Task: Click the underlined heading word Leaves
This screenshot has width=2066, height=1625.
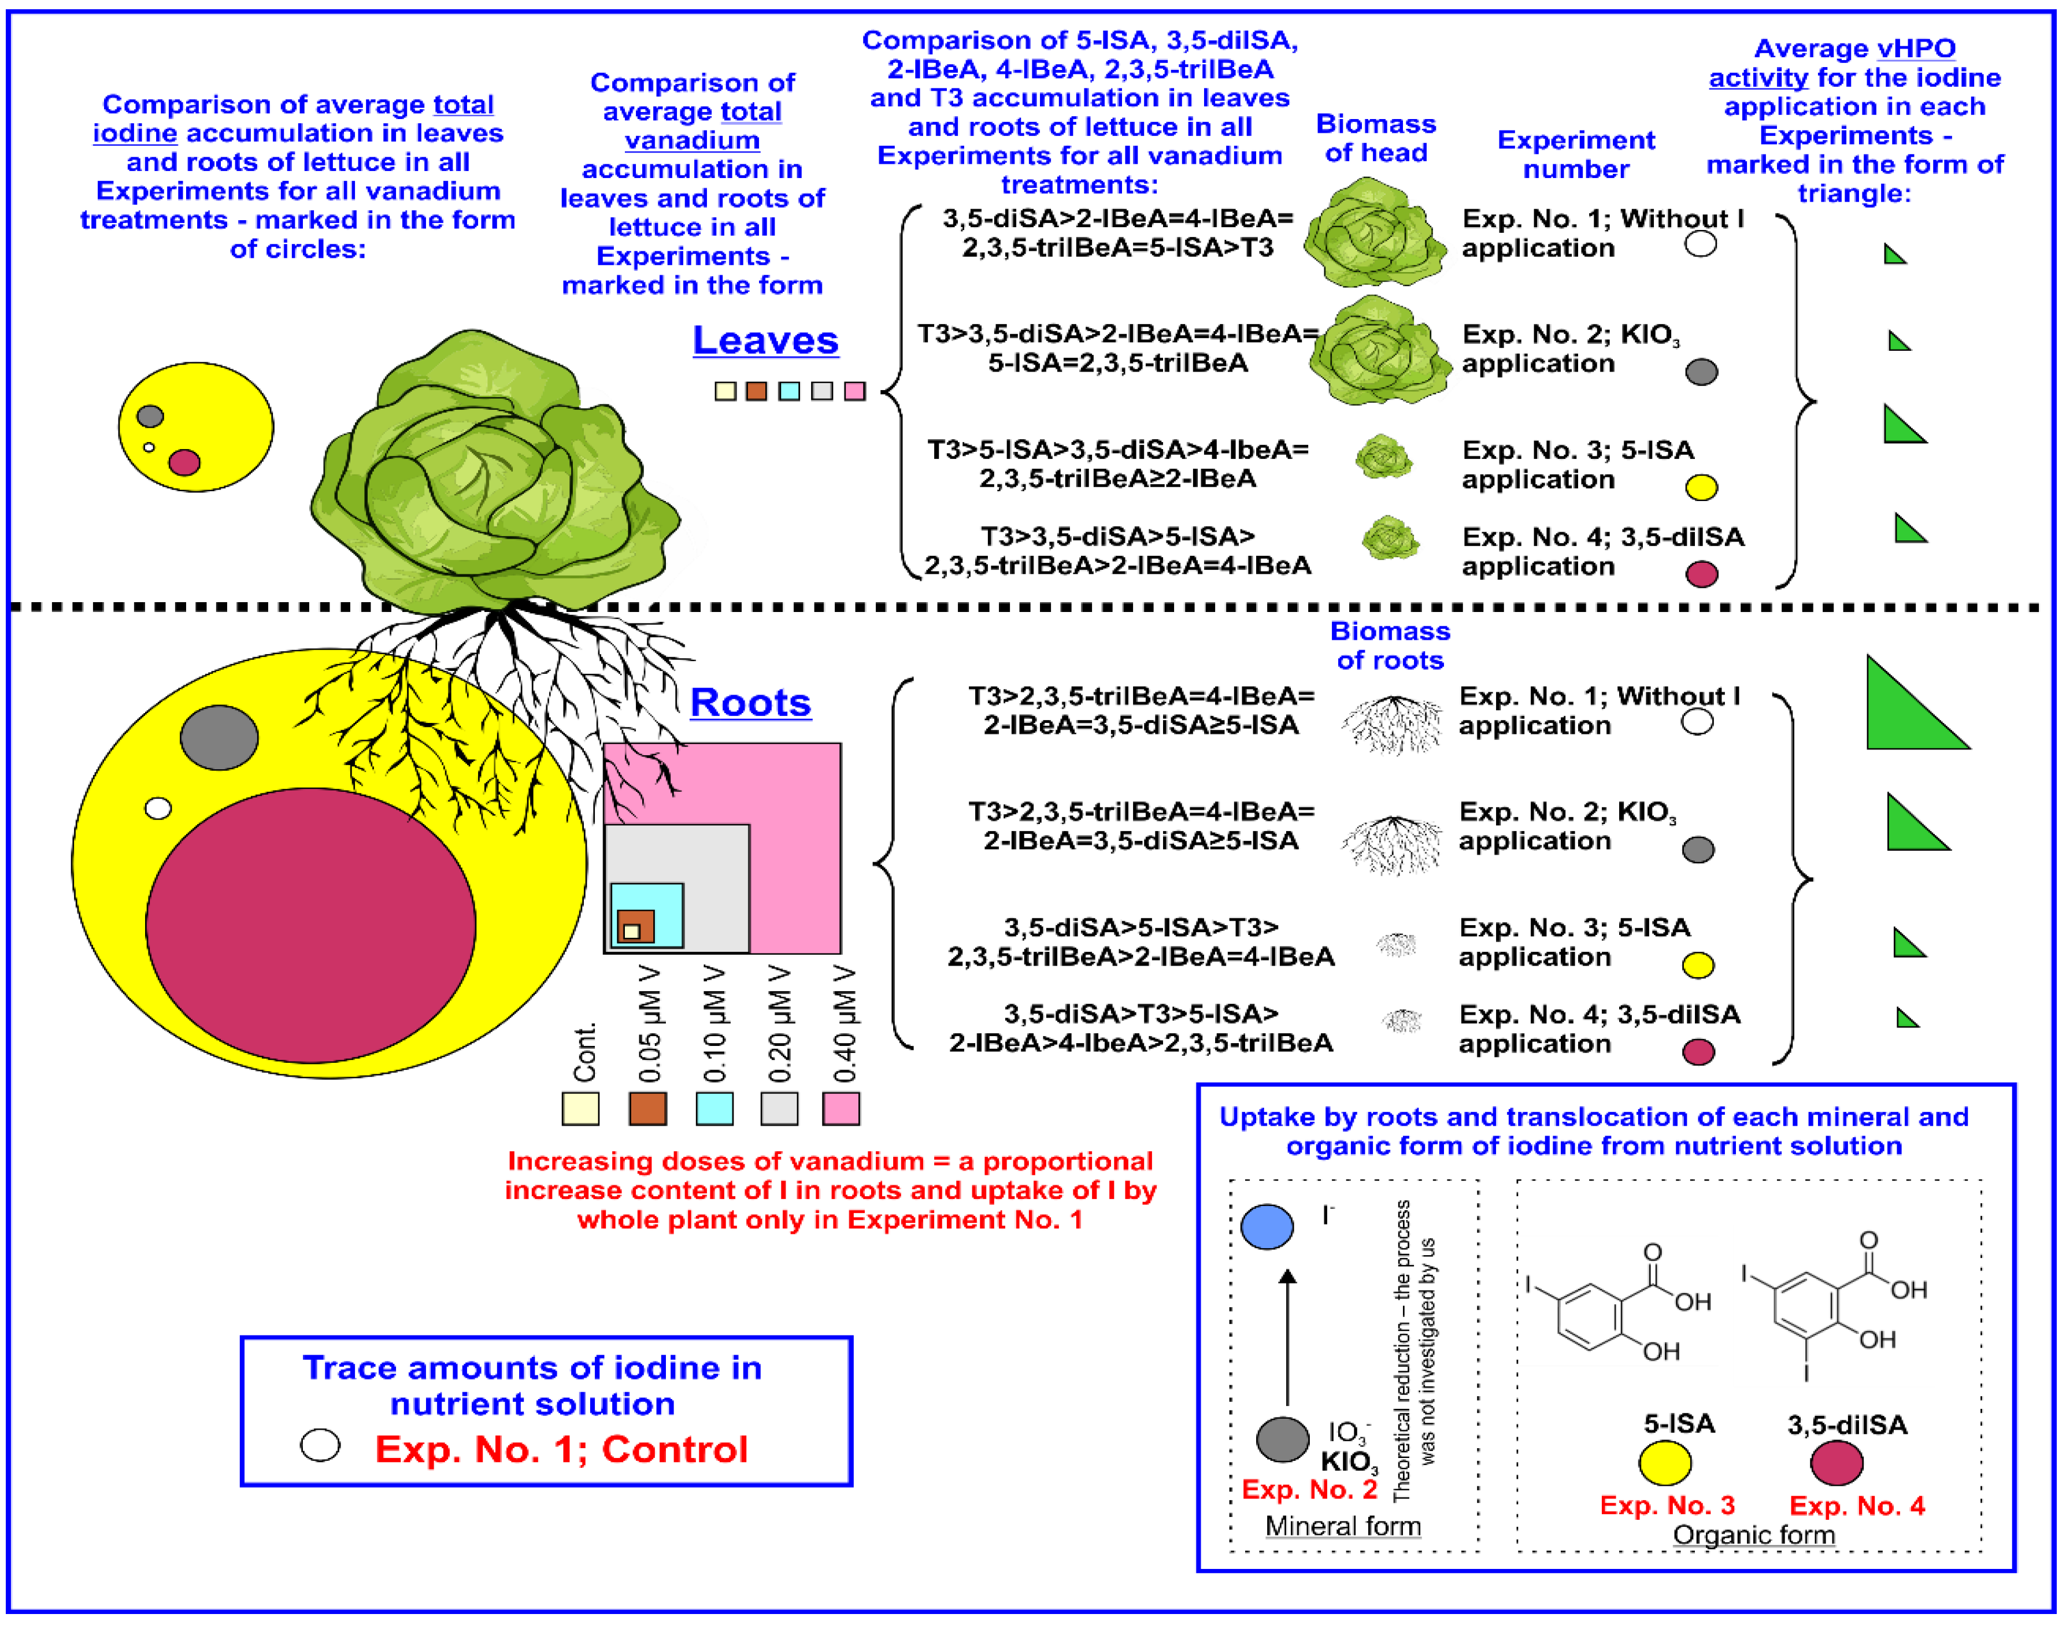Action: coord(765,340)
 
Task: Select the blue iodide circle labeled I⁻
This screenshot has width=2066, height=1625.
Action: coord(1267,1226)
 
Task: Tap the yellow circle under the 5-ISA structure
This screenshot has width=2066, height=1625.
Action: coord(1664,1463)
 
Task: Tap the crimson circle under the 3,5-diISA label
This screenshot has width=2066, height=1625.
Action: coord(1836,1463)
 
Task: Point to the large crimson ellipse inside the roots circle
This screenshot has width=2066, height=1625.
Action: coord(310,925)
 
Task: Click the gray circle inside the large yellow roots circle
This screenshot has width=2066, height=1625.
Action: coord(219,737)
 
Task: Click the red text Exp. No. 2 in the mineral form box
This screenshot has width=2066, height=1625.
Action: coord(1309,1490)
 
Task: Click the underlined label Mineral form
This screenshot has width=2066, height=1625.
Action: coord(1343,1526)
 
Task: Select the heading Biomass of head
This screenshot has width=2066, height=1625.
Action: coord(1375,139)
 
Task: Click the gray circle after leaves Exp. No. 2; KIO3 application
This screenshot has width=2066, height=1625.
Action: coord(1701,372)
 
